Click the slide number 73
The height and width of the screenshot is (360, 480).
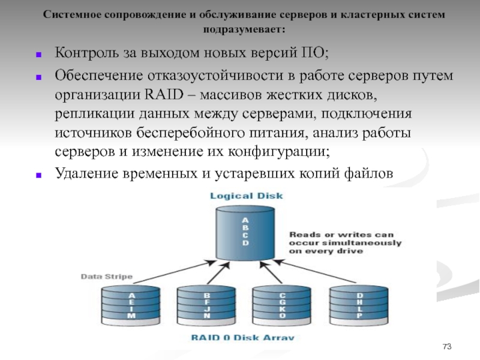(446, 347)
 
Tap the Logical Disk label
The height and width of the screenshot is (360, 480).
(246, 196)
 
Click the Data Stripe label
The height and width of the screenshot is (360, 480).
(107, 277)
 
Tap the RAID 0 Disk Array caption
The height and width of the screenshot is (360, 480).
(242, 337)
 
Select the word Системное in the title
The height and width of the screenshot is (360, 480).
(70, 14)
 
